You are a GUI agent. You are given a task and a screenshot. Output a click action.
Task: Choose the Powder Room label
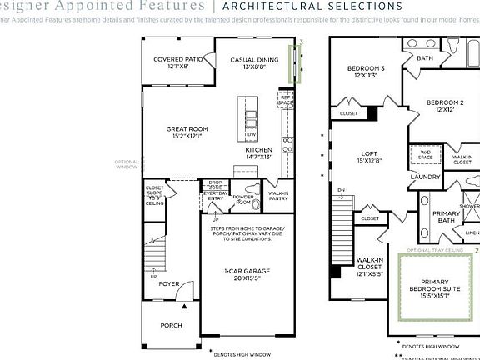click(x=244, y=200)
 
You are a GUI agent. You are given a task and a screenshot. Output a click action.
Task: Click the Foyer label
click(x=169, y=284)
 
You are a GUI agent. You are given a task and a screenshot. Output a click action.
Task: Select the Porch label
click(x=171, y=325)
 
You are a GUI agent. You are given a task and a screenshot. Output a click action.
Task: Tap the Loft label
click(x=369, y=157)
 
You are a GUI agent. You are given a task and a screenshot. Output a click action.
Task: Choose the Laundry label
click(x=425, y=177)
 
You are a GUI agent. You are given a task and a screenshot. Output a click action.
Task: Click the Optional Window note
click(x=126, y=164)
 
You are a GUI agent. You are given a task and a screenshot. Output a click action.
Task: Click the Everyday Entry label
click(x=216, y=196)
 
